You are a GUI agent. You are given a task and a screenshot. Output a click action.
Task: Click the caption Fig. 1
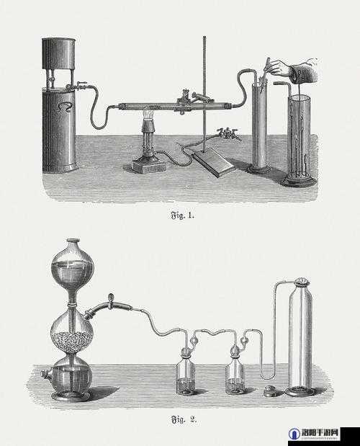click(182, 215)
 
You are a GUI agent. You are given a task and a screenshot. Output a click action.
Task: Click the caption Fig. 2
click(184, 419)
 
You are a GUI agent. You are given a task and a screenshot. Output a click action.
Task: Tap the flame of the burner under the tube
click(148, 115)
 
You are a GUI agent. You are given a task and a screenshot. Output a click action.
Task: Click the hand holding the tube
click(295, 70)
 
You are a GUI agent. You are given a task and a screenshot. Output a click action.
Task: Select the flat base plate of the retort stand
click(214, 164)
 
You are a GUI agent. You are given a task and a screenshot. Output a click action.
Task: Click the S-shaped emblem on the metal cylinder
click(65, 107)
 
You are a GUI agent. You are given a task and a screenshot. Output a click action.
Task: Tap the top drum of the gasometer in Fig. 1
click(59, 53)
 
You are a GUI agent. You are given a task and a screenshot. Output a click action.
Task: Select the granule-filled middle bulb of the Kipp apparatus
click(72, 332)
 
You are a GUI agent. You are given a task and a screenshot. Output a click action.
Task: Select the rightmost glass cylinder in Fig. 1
click(298, 138)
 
